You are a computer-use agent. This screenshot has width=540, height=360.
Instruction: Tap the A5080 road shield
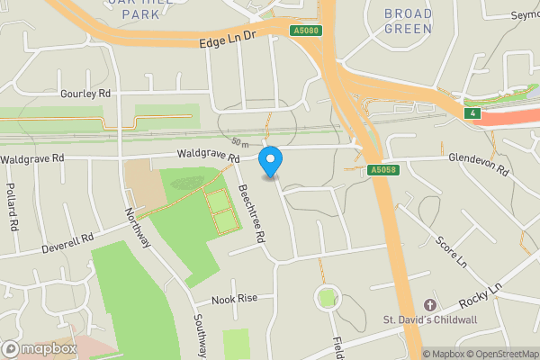pyautogui.click(x=304, y=31)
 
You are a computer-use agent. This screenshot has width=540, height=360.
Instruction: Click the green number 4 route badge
pyautogui.click(x=472, y=112)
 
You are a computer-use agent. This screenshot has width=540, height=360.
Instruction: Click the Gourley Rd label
pyautogui.click(x=85, y=94)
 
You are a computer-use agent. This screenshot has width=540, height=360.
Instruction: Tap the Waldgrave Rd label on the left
pyautogui.click(x=32, y=158)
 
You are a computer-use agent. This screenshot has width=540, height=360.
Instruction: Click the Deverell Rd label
pyautogui.click(x=68, y=243)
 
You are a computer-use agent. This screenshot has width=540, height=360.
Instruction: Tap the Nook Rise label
pyautogui.click(x=235, y=299)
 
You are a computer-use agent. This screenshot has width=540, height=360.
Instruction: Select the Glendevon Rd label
pyautogui.click(x=479, y=164)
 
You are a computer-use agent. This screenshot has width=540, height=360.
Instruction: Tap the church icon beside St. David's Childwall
pyautogui.click(x=429, y=306)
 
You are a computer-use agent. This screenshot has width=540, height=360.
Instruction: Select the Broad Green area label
pyautogui.click(x=408, y=21)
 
